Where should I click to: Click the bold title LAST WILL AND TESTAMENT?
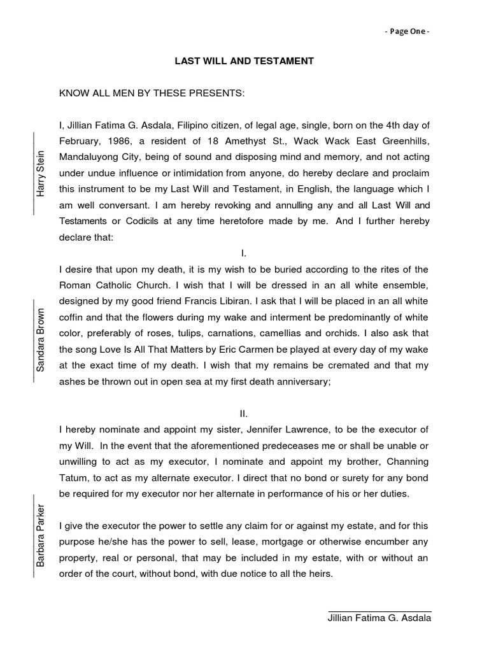(244, 62)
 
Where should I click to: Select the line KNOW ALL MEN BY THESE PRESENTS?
(152, 93)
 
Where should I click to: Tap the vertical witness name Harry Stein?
(41, 173)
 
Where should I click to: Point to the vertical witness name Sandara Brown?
(41, 340)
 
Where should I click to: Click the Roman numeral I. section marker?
(244, 253)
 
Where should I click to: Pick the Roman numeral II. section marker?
(244, 413)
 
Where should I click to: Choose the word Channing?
(405, 460)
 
